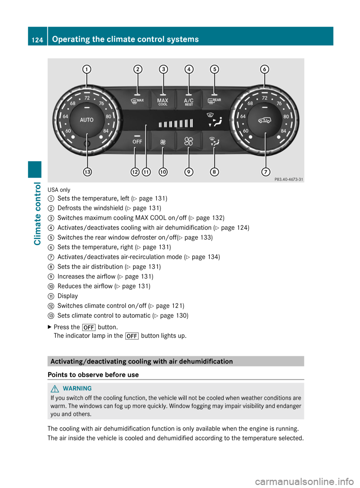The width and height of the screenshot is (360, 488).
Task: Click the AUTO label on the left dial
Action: pos(87,120)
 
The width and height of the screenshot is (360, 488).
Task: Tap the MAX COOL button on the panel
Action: pos(163,102)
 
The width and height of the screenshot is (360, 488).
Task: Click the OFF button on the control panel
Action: pos(137,141)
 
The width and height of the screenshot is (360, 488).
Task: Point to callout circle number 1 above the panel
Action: pos(87,69)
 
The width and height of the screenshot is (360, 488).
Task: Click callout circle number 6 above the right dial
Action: pos(265,69)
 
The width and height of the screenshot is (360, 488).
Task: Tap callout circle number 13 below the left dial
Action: pos(87,172)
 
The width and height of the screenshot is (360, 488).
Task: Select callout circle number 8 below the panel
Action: pos(214,172)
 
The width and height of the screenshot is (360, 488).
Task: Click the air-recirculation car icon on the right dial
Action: pos(264,120)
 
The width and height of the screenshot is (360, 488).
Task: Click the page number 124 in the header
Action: pos(37,40)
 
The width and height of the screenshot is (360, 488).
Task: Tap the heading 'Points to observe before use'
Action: pos(93,375)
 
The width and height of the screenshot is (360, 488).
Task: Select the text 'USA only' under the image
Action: pos(59,190)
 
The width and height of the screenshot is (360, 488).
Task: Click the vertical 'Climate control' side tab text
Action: pos(37,214)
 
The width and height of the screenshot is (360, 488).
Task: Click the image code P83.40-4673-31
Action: pos(289,180)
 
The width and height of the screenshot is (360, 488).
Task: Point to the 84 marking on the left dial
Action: pos(106,131)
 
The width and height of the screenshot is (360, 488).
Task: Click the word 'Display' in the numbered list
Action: pos(67,296)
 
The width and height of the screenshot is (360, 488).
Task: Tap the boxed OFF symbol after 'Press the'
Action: pos(89,328)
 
